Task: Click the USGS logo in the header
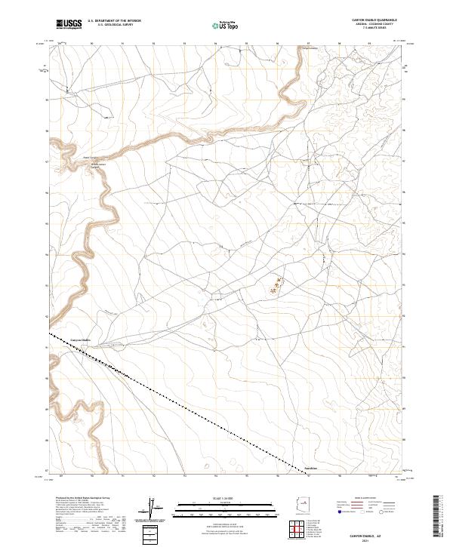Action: tap(69, 25)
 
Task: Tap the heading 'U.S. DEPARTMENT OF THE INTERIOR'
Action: tap(114, 21)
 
